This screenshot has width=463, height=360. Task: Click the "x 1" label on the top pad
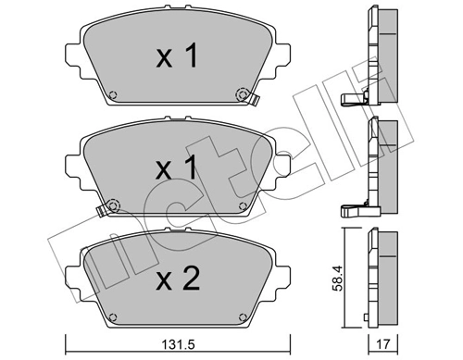tap(176, 58)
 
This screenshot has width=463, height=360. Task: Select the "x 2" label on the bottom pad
tap(176, 279)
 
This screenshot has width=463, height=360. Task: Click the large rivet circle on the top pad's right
tap(244, 93)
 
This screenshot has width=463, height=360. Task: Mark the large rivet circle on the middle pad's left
tap(111, 205)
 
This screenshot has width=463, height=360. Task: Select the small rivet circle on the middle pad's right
tap(243, 206)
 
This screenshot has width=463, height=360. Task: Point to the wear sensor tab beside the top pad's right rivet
tap(252, 100)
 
